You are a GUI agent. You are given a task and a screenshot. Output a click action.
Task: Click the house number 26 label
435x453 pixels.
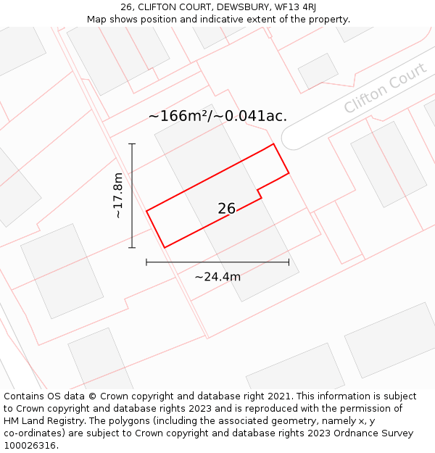pos(226,209)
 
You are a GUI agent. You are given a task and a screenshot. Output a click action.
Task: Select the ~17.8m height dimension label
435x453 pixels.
pos(118,196)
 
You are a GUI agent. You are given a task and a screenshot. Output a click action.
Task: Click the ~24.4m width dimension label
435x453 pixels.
pos(217,276)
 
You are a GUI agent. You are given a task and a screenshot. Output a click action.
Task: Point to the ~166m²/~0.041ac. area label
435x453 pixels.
pos(217,116)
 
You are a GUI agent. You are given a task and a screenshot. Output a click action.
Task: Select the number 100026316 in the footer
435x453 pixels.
pos(30,446)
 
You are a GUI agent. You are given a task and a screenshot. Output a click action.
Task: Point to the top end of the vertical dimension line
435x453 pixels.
pos(132,144)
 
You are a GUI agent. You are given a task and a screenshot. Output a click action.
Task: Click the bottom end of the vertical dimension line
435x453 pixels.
pos(132,248)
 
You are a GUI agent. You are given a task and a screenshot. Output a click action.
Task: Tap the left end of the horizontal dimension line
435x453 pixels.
pos(146,262)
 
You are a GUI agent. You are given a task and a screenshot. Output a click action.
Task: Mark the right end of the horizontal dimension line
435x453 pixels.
pos(289,262)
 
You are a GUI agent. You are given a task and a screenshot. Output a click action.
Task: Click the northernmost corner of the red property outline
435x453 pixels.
pos(273,144)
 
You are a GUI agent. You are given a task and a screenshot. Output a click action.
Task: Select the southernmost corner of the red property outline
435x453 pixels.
pos(165,248)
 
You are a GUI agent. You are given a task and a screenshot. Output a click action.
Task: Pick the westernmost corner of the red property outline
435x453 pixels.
pos(146,211)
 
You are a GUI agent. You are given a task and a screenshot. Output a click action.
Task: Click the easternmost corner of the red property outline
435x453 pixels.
pos(289,173)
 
